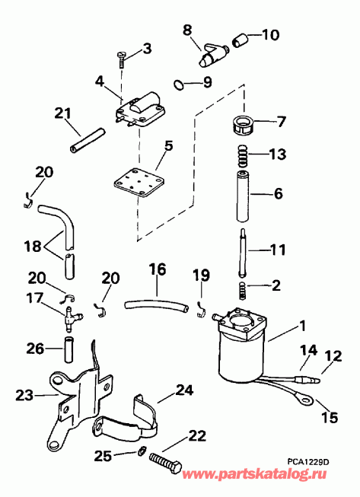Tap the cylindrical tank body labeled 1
point(239,354)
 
